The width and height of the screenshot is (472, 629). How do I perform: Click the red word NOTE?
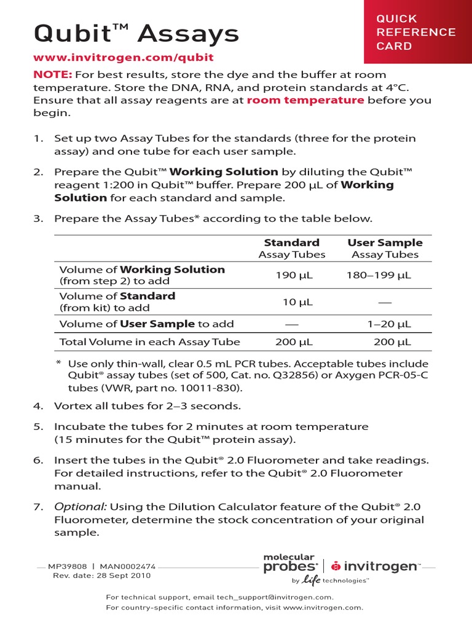(53, 74)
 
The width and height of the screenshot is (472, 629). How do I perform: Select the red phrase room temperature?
(305, 100)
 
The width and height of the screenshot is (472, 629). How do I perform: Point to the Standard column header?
(291, 243)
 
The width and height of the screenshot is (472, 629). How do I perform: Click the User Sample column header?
(385, 243)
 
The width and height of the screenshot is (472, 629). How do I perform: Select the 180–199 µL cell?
(379, 275)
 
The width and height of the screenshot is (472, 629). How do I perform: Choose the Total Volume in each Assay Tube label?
(149, 342)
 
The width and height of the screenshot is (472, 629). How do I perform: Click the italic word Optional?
(81, 507)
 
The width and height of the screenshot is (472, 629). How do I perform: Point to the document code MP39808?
(73, 567)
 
